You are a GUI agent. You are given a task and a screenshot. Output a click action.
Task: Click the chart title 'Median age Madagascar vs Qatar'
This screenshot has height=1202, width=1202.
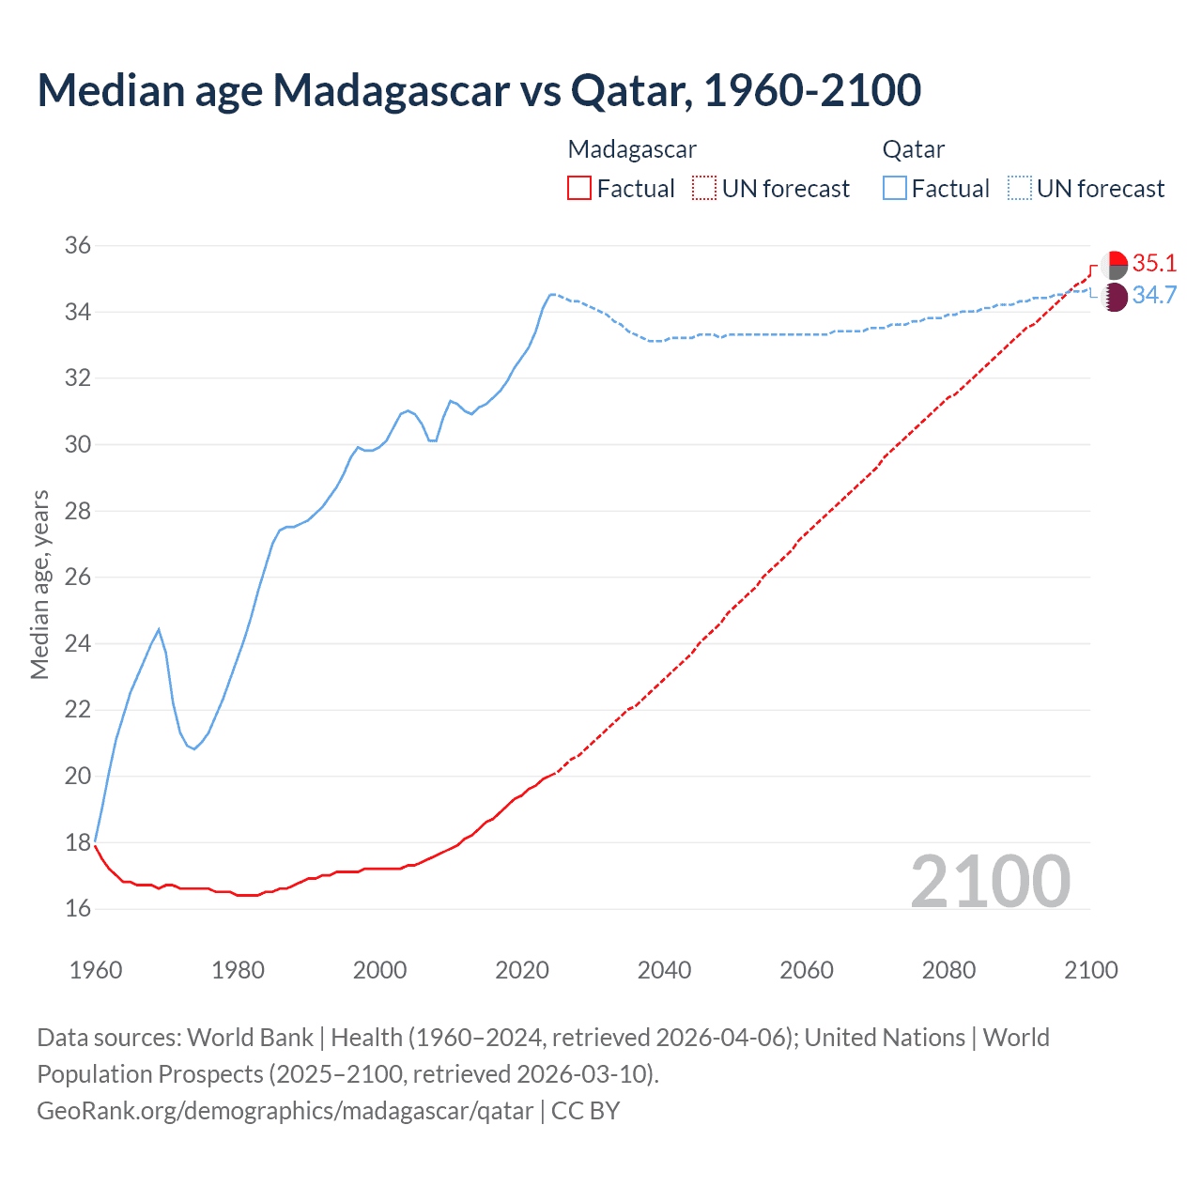tap(479, 90)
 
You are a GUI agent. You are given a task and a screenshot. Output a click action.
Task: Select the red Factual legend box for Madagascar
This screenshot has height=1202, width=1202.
tap(579, 189)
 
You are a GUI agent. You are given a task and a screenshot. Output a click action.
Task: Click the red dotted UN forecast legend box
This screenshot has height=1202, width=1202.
tap(704, 189)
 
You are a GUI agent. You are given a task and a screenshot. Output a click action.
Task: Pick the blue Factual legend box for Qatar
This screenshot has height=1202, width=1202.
tap(895, 189)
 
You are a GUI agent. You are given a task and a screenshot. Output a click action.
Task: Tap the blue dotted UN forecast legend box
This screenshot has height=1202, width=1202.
tap(1019, 189)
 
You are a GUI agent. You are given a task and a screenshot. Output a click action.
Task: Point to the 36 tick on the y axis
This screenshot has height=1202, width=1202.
tap(78, 246)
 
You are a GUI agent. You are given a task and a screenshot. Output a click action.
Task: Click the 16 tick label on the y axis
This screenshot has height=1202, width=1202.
tap(78, 909)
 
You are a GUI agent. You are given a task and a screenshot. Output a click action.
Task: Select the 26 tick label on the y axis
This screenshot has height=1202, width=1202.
tap(78, 578)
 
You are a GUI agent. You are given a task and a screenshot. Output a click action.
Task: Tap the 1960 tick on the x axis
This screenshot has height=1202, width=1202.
tap(96, 970)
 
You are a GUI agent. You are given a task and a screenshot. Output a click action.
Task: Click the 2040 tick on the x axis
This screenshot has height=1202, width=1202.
tap(664, 970)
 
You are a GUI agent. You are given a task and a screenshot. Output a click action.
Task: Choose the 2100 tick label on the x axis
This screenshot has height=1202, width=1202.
tap(1090, 970)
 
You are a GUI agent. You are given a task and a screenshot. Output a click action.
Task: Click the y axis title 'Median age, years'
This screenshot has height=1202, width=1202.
tap(39, 584)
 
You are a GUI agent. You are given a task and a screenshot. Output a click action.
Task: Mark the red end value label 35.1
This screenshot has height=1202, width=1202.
tap(1154, 263)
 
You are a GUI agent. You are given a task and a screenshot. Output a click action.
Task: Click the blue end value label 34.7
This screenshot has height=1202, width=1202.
tap(1154, 296)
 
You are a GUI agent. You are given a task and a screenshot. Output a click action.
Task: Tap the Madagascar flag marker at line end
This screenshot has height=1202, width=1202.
tap(1114, 265)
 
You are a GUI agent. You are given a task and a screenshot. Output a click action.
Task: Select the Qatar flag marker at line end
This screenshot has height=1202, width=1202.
tap(1114, 298)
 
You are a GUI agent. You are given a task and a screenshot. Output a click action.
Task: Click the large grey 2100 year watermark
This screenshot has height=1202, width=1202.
tap(990, 882)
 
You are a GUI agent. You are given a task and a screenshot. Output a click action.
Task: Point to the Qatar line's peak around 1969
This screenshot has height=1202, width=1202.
tap(159, 629)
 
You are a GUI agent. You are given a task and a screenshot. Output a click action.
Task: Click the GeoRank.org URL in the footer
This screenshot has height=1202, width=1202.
tap(285, 1111)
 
